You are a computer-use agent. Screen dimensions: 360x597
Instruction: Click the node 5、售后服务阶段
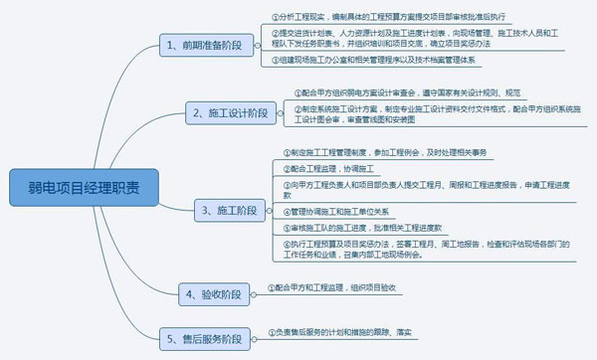pyautogui.click(x=206, y=339)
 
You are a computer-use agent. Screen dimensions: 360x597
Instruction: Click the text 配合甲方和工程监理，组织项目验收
pyautogui.click(x=342, y=287)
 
